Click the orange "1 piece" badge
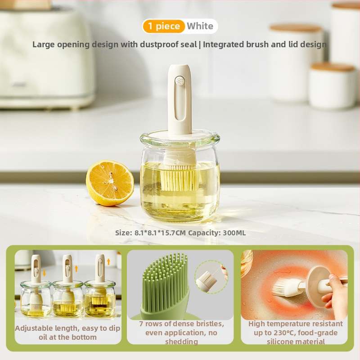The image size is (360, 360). pyautogui.click(x=164, y=26)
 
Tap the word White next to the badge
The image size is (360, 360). pyautogui.click(x=200, y=26)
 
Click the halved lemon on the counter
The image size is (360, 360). pyautogui.click(x=110, y=183)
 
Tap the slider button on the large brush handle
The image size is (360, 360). pyautogui.click(x=180, y=81)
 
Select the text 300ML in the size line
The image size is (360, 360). pyautogui.click(x=234, y=233)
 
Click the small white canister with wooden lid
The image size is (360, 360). pyautogui.click(x=332, y=85)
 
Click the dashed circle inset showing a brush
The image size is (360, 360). pyautogui.click(x=211, y=277)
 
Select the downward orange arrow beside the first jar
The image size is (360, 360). pyautogui.click(x=44, y=273)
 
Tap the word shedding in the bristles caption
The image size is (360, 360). pyautogui.click(x=182, y=342)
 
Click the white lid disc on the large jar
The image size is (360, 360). pyautogui.click(x=180, y=135)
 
